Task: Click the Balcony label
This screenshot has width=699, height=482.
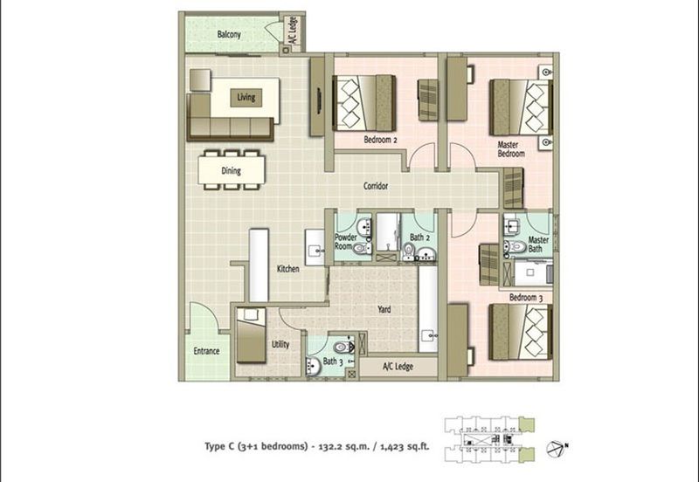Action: (229, 35)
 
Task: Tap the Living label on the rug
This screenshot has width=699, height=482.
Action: (246, 98)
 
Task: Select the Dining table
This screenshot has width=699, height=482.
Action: (231, 169)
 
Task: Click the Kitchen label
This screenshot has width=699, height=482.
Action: (287, 269)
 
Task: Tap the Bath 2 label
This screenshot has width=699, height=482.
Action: (419, 237)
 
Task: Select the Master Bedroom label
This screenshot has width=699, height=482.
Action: (511, 148)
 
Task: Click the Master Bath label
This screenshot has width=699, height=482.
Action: (538, 245)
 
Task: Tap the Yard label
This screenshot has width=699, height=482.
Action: (384, 309)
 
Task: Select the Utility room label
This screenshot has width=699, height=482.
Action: (280, 344)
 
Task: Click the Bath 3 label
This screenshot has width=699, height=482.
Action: (331, 361)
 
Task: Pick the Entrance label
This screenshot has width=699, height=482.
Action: (206, 351)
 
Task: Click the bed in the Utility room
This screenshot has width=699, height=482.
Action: (252, 334)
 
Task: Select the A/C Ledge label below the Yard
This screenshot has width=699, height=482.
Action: (398, 368)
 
